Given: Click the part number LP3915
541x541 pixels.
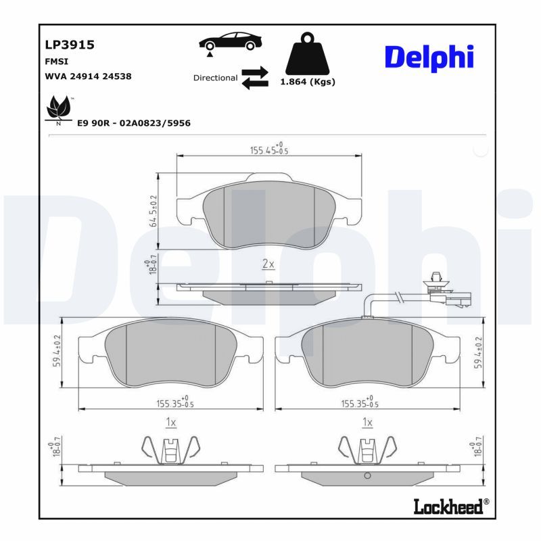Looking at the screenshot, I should [69, 45].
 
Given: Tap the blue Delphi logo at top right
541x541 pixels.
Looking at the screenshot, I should [429, 58].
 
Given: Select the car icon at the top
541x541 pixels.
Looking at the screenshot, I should [231, 42].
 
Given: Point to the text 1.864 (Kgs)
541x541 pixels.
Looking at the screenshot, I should [308, 82].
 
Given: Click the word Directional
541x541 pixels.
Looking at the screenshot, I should [215, 78].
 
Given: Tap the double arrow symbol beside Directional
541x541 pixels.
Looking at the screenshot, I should [255, 78].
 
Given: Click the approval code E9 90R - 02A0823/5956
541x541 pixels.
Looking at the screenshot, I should [134, 123].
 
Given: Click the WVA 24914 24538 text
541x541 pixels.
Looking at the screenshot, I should [88, 76].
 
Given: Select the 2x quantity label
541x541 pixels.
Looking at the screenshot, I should [268, 264].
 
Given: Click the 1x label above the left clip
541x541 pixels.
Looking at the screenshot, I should [170, 422].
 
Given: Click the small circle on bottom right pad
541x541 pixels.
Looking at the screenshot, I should [367, 476].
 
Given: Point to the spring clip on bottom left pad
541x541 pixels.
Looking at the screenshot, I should [170, 448].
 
